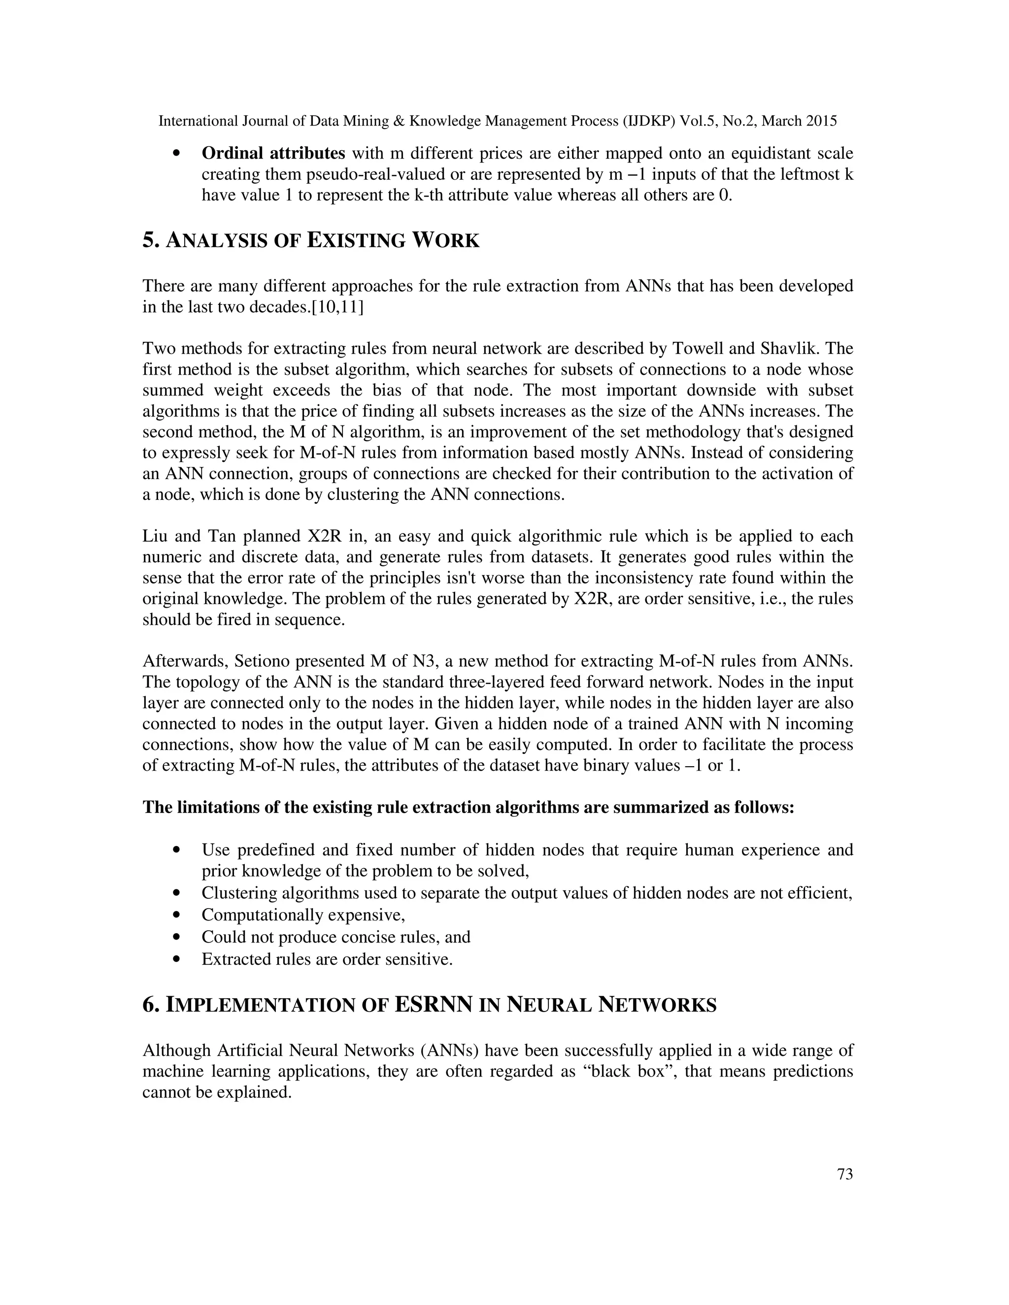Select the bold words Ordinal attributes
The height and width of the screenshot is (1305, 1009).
click(x=273, y=154)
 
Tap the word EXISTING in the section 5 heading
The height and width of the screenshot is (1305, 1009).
click(x=356, y=241)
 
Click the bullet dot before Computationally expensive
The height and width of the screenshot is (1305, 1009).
click(x=176, y=915)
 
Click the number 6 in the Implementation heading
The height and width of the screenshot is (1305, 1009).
click(x=149, y=1005)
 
